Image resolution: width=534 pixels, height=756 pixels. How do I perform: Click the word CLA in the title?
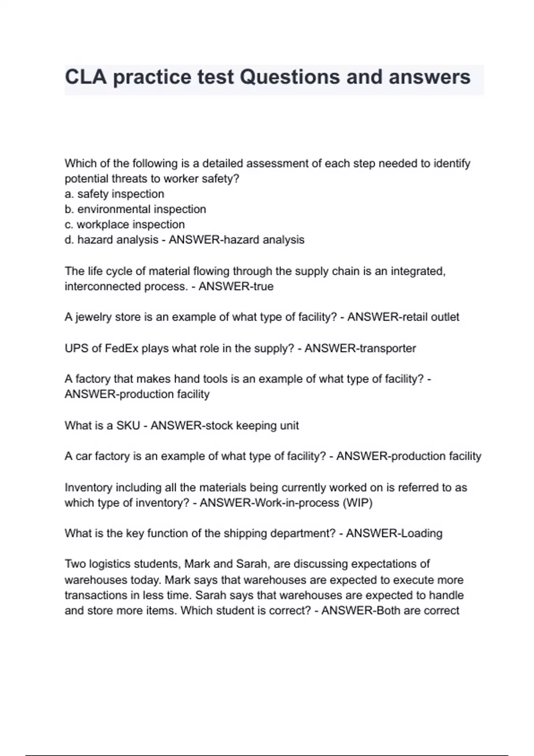[86, 77]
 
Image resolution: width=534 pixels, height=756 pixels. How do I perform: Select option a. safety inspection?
[114, 194]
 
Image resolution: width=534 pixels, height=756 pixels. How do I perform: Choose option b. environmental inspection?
[135, 209]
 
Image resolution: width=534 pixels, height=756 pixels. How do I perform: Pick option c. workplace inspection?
[125, 225]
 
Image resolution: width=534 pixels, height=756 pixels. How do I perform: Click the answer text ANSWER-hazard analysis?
[236, 240]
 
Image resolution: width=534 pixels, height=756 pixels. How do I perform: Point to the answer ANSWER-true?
[236, 286]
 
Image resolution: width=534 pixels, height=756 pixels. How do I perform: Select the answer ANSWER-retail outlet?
[403, 317]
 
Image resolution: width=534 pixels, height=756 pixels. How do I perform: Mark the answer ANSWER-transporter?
[360, 348]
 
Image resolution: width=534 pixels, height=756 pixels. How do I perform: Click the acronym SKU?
[128, 426]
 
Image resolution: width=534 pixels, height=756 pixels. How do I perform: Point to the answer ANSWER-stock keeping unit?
[225, 426]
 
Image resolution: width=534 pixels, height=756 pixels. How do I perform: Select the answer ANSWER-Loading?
[394, 533]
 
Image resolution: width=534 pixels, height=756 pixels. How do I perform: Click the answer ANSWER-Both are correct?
[390, 611]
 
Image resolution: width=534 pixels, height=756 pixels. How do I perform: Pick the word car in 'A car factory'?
[83, 456]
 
